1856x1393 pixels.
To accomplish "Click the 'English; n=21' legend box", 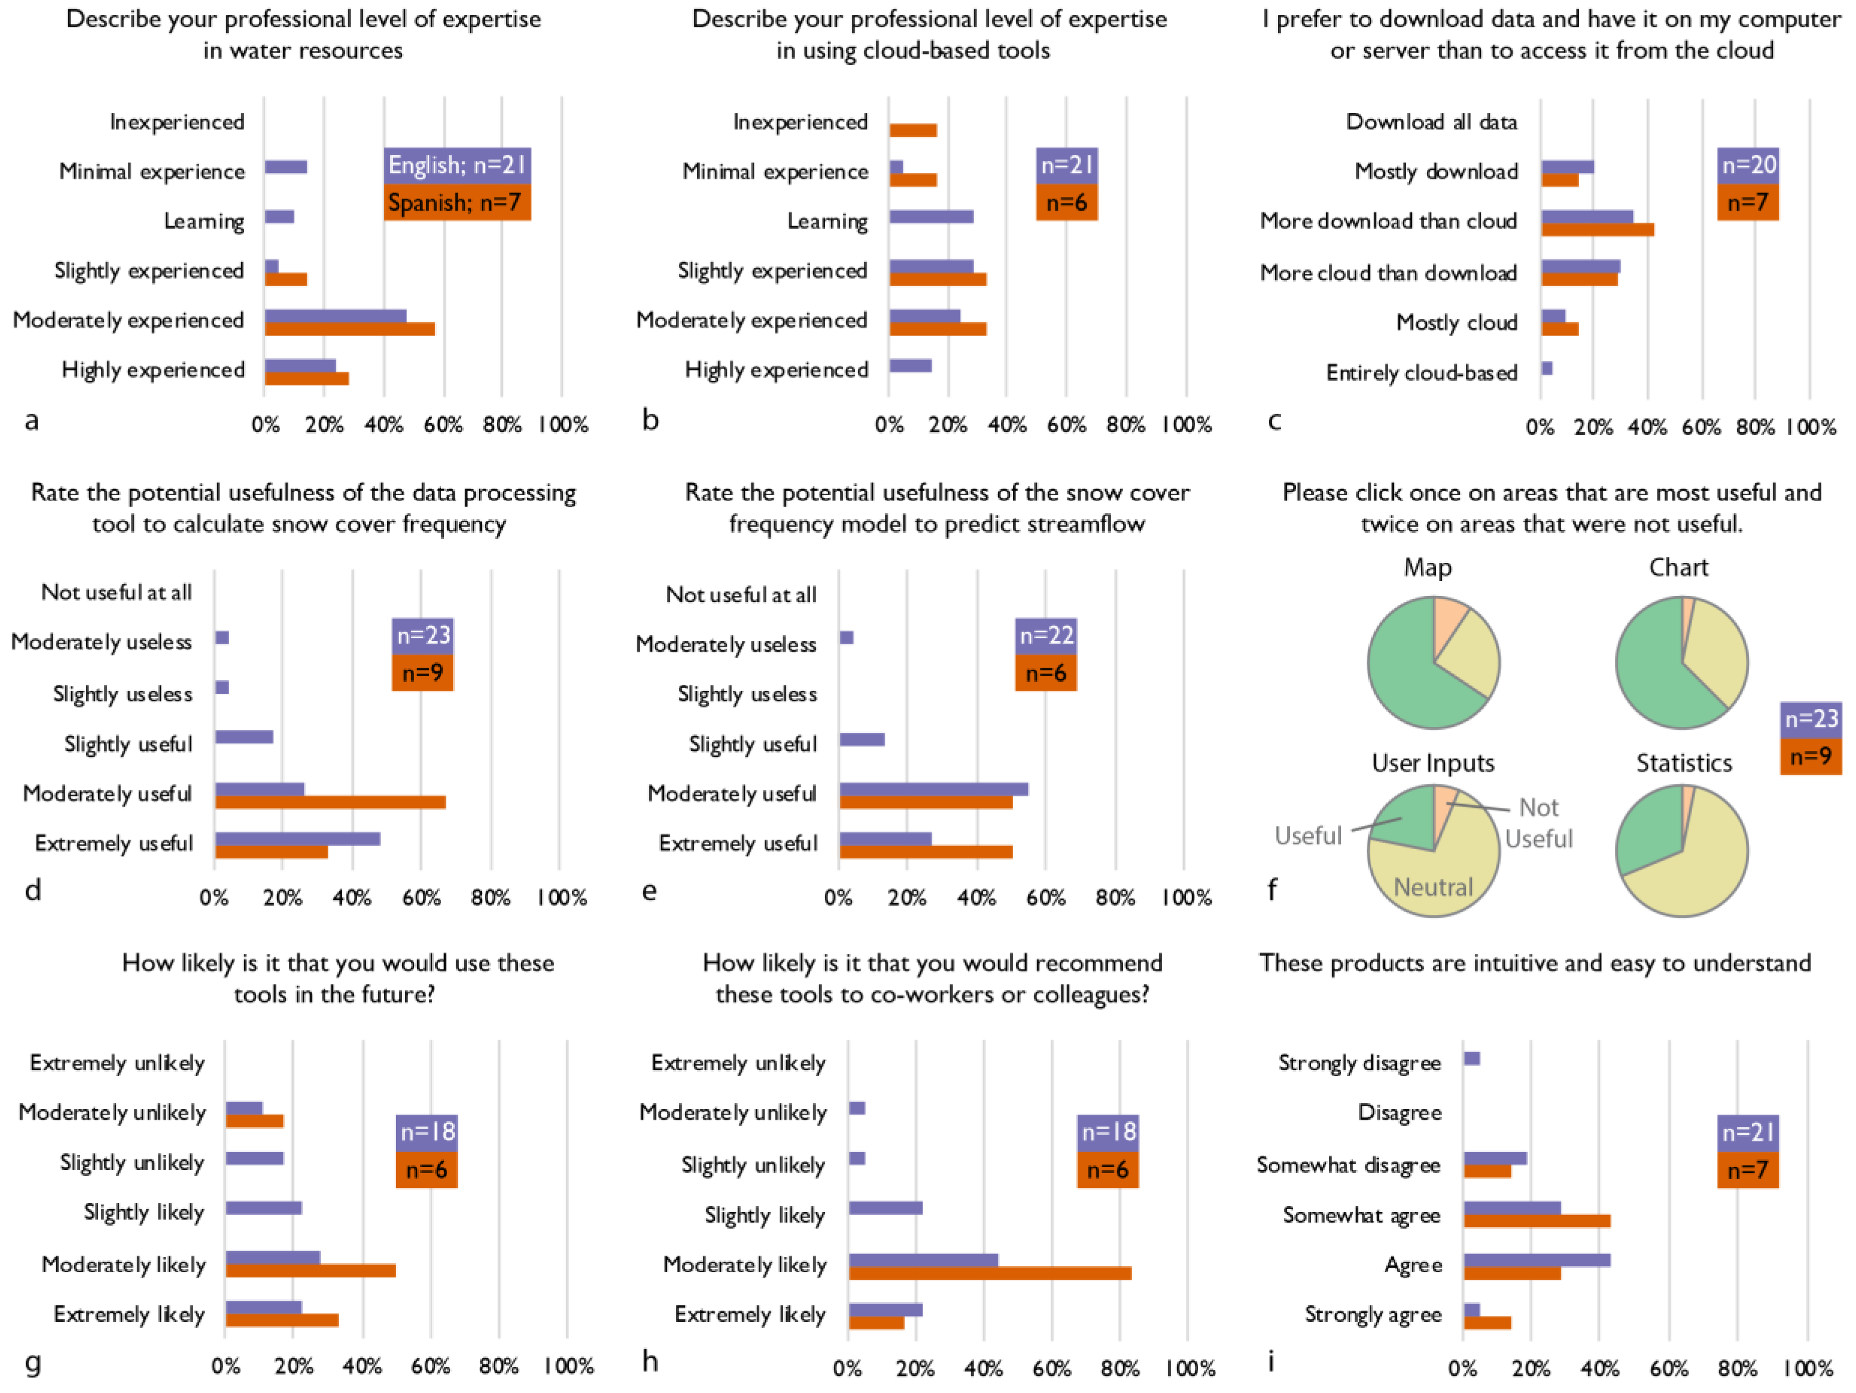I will pos(457,165).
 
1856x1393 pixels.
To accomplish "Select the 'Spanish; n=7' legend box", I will pos(457,202).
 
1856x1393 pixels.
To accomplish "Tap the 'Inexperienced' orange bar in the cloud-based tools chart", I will pos(913,130).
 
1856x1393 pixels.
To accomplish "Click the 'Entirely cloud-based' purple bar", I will pos(1546,368).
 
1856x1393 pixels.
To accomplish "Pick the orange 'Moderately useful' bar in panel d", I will pos(330,802).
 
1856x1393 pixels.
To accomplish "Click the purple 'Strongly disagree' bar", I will pos(1471,1058).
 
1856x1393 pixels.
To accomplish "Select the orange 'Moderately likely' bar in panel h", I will pos(990,1273).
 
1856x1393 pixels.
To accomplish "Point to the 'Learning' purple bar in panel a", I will pos(279,217).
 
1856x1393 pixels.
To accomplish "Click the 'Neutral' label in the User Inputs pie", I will pos(1433,887).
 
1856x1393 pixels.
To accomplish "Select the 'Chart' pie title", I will pos(1678,568).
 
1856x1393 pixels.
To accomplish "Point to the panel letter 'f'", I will pos(1272,890).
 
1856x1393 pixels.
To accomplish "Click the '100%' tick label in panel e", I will pos(1186,898).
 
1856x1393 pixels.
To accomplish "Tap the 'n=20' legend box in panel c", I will pos(1748,165).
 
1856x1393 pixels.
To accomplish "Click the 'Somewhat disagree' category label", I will pos(1348,1165).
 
